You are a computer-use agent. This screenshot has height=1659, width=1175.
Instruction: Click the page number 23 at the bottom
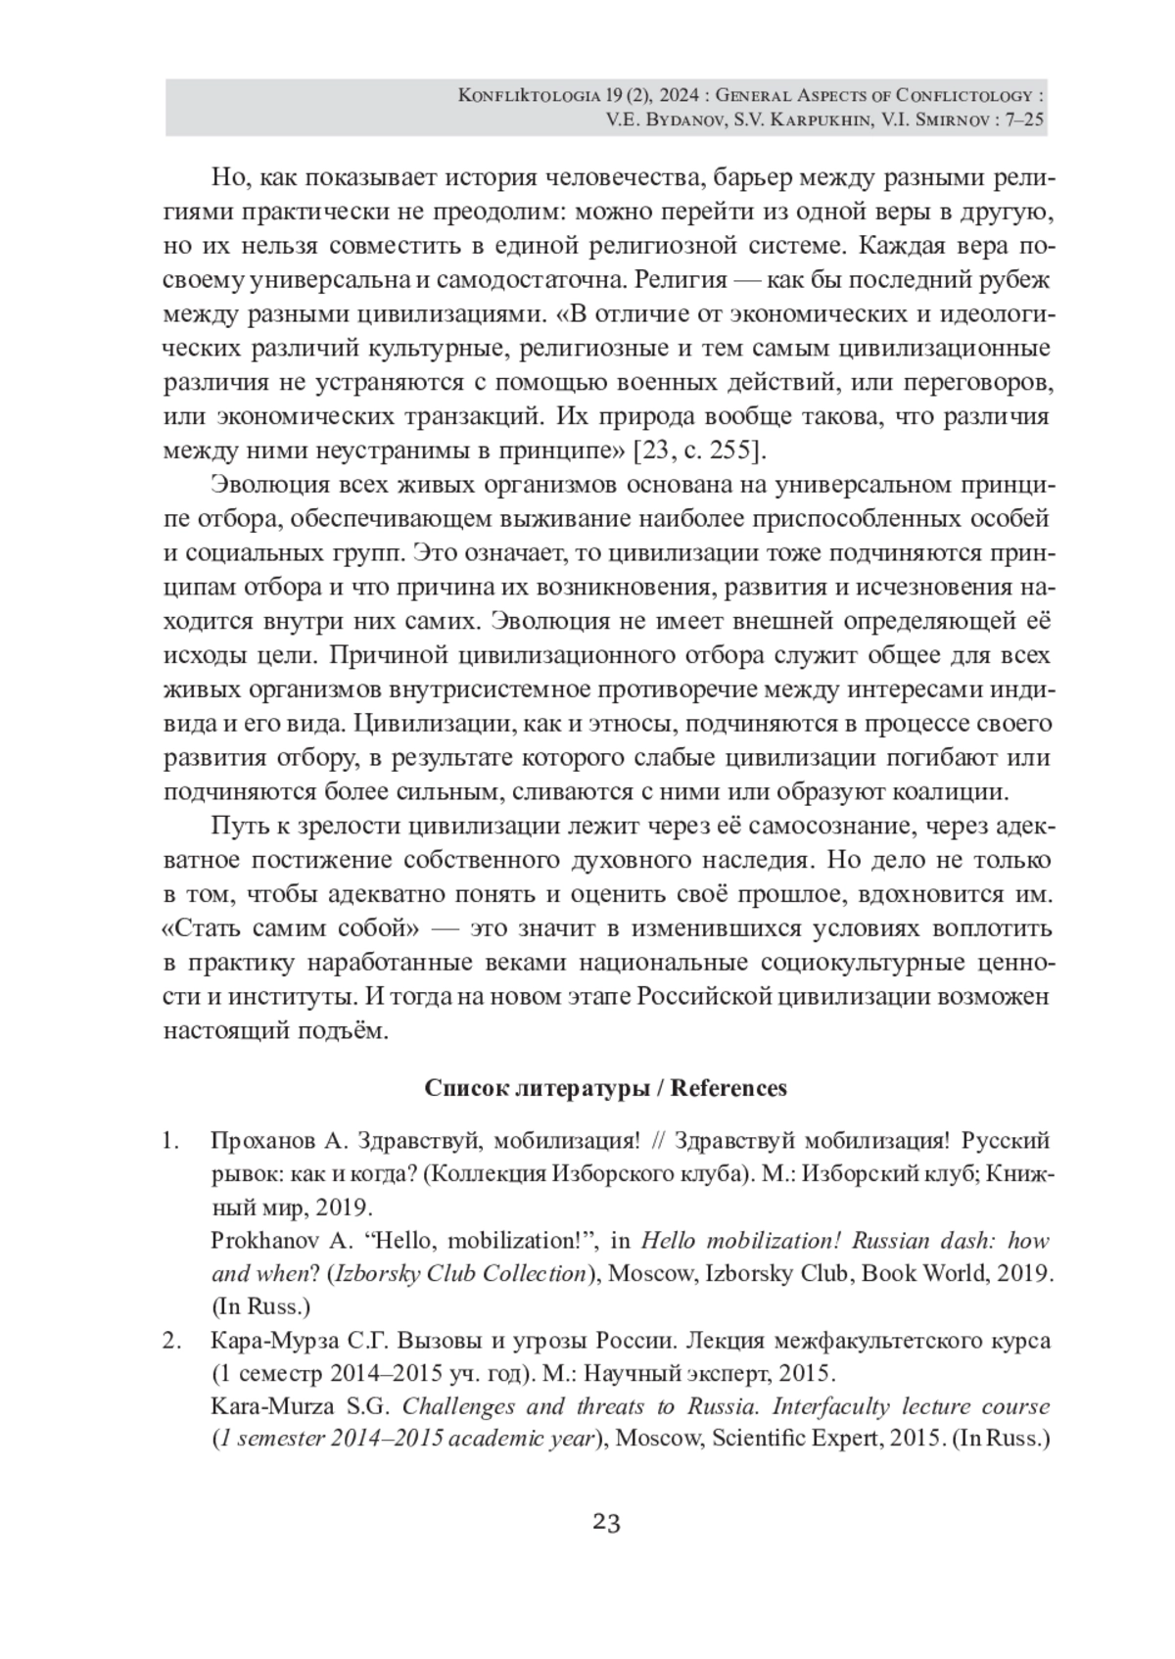coord(606,1523)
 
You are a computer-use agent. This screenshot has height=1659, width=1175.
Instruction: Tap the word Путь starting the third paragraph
coord(238,826)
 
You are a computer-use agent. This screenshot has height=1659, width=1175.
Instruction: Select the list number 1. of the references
coord(171,1141)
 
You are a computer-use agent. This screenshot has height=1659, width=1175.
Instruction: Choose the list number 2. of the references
coord(171,1340)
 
